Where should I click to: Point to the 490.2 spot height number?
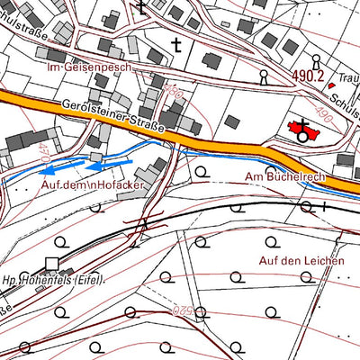305,76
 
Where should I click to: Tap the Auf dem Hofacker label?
93,184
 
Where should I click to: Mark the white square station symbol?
51,264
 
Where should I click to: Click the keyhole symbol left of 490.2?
264,75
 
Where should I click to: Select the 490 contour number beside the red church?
172,93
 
